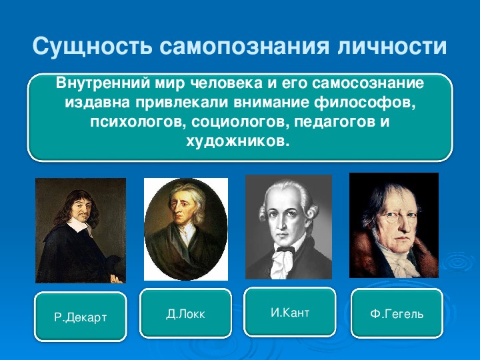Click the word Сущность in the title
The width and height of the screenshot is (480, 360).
[x=92, y=46]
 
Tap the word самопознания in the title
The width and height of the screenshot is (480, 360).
[x=244, y=47]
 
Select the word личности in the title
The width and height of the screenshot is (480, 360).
[x=392, y=47]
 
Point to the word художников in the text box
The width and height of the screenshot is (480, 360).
[x=237, y=141]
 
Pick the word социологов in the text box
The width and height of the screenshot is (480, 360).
[x=240, y=122]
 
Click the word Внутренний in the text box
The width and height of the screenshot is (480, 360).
[x=103, y=83]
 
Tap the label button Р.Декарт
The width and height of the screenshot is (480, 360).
[x=81, y=317]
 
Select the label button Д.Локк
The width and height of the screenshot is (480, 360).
[x=185, y=313]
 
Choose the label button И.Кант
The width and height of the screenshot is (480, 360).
[x=290, y=312]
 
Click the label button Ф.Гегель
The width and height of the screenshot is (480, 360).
[x=397, y=313]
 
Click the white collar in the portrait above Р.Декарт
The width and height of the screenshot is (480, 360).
[x=79, y=225]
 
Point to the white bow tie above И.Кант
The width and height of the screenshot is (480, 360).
[x=283, y=260]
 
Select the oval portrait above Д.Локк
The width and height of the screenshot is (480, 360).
[x=186, y=229]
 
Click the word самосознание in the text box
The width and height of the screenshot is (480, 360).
[x=368, y=83]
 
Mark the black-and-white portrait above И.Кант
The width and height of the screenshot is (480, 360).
[x=289, y=227]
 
